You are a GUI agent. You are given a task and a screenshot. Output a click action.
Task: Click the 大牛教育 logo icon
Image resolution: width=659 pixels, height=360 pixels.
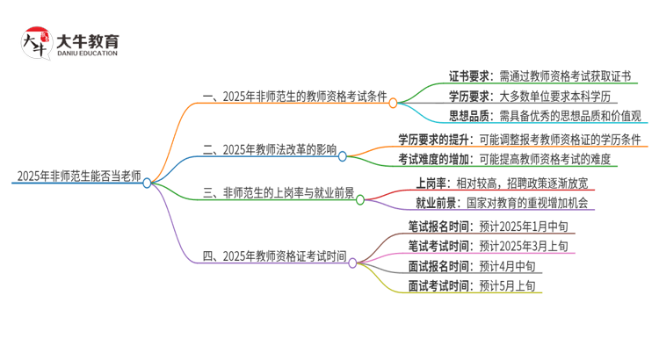(x=36, y=44)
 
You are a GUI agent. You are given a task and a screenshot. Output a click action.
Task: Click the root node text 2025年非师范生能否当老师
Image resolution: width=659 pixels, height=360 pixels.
(x=77, y=176)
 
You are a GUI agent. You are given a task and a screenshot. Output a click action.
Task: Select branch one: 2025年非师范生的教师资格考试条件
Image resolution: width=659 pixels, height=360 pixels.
(x=296, y=96)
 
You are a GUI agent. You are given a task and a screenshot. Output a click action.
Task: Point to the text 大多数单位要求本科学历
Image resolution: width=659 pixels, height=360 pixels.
(x=566, y=96)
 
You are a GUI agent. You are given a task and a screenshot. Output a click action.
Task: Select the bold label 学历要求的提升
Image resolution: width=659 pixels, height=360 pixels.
(x=432, y=139)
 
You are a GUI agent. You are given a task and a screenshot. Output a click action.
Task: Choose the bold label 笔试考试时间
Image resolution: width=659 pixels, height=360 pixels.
(x=438, y=246)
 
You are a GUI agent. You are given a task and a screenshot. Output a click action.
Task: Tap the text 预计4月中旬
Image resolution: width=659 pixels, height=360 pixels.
(x=507, y=265)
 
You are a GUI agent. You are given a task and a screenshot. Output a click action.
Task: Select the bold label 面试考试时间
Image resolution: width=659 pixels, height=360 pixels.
(x=438, y=284)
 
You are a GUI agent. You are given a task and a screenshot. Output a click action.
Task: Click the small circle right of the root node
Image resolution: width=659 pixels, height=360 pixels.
(x=148, y=183)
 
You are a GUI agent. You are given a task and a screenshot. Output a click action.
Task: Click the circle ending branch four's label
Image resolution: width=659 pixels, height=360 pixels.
(x=353, y=262)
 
